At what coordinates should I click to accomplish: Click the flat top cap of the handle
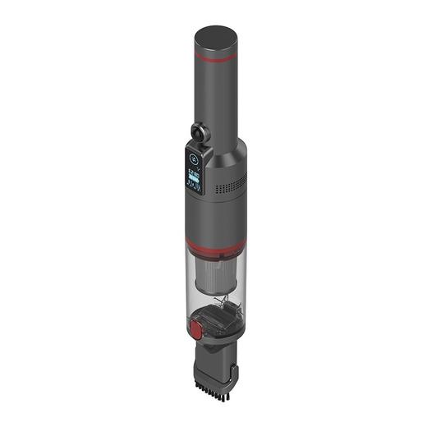(216, 38)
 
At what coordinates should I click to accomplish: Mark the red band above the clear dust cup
(214, 245)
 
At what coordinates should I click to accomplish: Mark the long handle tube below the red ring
(216, 99)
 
